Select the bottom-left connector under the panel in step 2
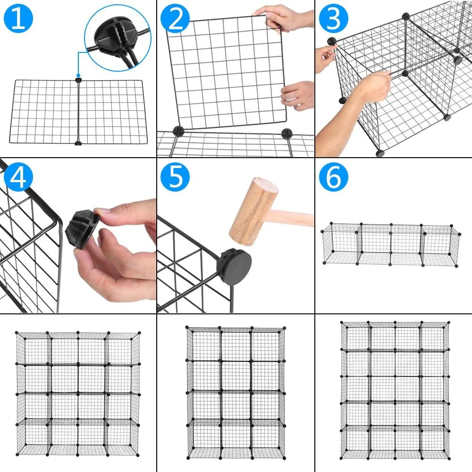click(178, 131)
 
